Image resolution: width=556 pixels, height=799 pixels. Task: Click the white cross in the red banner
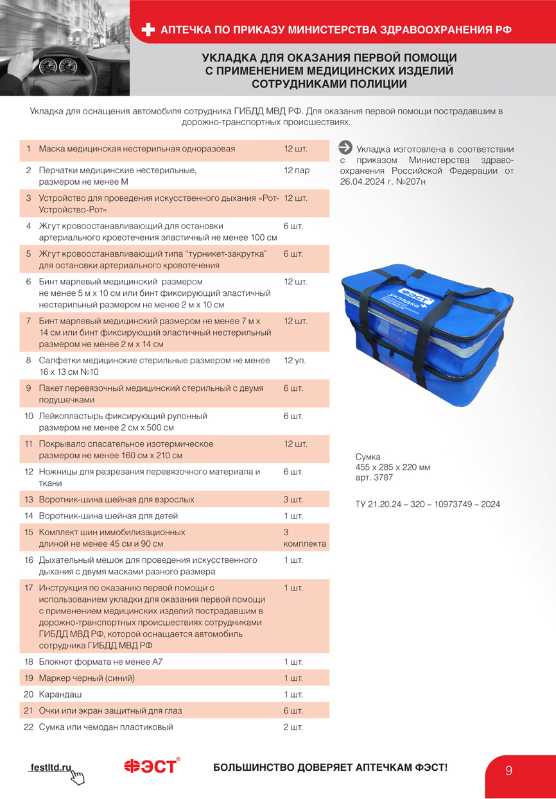pyautogui.click(x=148, y=30)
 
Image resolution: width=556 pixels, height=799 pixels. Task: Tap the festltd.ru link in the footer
pyautogui.click(x=51, y=768)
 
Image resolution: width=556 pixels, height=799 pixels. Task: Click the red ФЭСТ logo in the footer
pyautogui.click(x=152, y=766)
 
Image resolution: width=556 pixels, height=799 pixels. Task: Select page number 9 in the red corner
pyautogui.click(x=509, y=771)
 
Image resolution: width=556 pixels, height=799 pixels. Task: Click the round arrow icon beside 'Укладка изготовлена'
pyautogui.click(x=345, y=148)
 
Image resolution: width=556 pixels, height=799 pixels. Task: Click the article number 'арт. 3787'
pyautogui.click(x=374, y=477)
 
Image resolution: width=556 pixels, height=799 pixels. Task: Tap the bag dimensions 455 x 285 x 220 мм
pyautogui.click(x=392, y=467)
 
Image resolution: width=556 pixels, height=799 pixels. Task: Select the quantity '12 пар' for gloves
pyautogui.click(x=297, y=171)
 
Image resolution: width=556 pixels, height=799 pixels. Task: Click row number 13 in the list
pyautogui.click(x=28, y=499)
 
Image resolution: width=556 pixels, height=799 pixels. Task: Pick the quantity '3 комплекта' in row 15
pyautogui.click(x=305, y=538)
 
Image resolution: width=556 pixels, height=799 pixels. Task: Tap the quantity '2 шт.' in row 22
pyautogui.click(x=293, y=727)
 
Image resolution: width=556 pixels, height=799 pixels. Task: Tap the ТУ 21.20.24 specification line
pyautogui.click(x=428, y=504)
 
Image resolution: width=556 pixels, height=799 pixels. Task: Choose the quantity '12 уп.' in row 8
pyautogui.click(x=295, y=360)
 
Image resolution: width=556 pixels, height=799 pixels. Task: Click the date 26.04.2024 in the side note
pyautogui.click(x=362, y=182)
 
